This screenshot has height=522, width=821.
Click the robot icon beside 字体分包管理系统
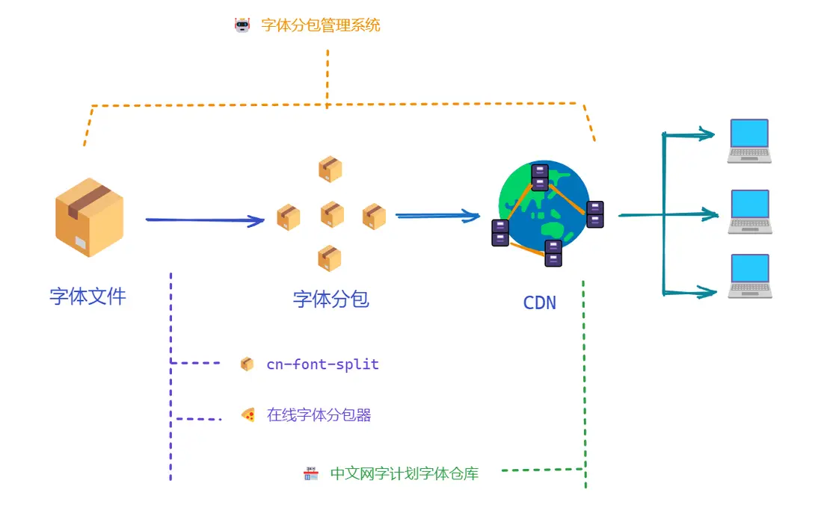pyautogui.click(x=242, y=25)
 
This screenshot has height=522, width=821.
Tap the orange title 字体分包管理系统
pyautogui.click(x=321, y=25)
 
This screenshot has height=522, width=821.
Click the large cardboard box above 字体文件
pyautogui.click(x=90, y=217)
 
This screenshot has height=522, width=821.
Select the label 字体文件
pyautogui.click(x=88, y=296)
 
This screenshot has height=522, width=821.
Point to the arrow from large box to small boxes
pyautogui.click(x=205, y=220)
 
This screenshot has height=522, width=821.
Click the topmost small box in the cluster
pyautogui.click(x=330, y=169)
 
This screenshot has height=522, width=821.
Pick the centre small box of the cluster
pyautogui.click(x=332, y=214)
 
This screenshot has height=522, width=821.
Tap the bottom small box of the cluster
pyautogui.click(x=329, y=258)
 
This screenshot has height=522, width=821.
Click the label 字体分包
pyautogui.click(x=331, y=299)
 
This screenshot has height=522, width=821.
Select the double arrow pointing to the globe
pyautogui.click(x=437, y=215)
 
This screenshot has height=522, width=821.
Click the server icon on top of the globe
pyautogui.click(x=540, y=177)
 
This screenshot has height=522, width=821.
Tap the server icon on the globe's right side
pyautogui.click(x=594, y=214)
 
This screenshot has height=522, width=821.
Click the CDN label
pyautogui.click(x=540, y=303)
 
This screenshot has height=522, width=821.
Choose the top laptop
pyautogui.click(x=749, y=141)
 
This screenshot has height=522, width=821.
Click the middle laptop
pyautogui.click(x=750, y=212)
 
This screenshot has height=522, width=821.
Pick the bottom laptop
pyautogui.click(x=750, y=276)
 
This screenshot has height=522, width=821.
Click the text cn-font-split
pyautogui.click(x=322, y=364)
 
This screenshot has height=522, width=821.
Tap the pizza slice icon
pyautogui.click(x=248, y=414)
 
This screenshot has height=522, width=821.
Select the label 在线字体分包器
pyautogui.click(x=319, y=414)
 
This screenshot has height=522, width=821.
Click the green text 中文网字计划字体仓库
pyautogui.click(x=405, y=473)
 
